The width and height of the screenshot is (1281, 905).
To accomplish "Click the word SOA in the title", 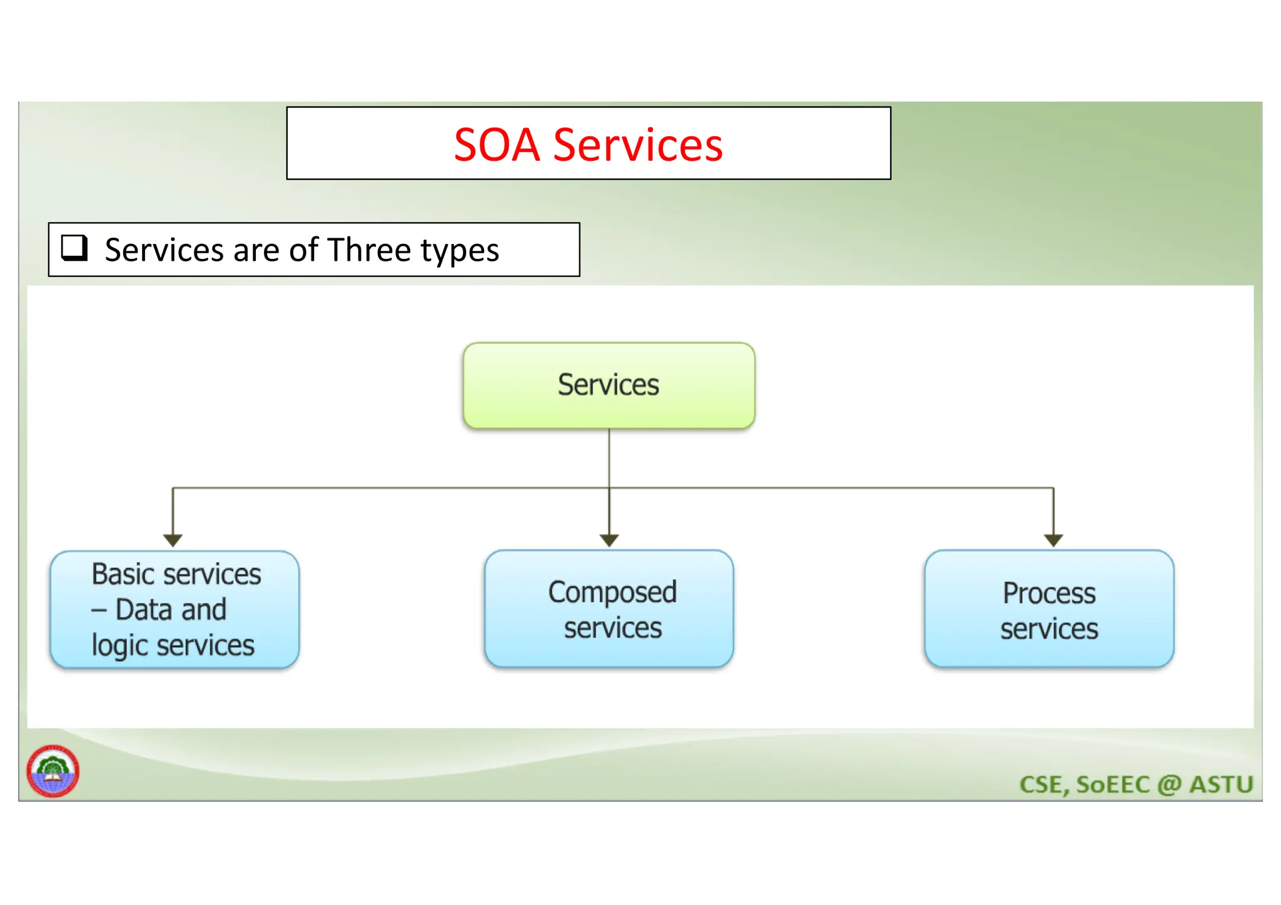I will point(496,145).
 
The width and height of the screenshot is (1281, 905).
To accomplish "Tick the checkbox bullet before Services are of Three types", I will point(74,248).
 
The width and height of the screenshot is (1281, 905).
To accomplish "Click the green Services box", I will point(609,385).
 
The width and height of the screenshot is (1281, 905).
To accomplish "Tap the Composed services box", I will point(609,609).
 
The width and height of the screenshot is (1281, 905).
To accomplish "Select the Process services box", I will point(1049,609).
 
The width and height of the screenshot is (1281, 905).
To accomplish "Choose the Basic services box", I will point(175,609).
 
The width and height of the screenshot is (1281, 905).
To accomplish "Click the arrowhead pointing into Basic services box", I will point(173,540).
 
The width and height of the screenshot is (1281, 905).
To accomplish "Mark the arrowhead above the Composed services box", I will point(609,540).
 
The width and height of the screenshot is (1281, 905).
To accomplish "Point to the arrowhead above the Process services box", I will point(1053,540).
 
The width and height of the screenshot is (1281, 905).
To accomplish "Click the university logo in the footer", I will point(53,771).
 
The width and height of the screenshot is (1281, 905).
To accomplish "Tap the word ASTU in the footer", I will point(1221,784).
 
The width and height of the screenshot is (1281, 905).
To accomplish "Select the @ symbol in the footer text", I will point(1169,784).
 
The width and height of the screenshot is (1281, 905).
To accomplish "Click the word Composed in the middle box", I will point(612,592).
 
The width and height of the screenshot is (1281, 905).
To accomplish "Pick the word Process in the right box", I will point(1049,593).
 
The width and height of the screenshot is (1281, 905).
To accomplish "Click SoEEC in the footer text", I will point(1113,784).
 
